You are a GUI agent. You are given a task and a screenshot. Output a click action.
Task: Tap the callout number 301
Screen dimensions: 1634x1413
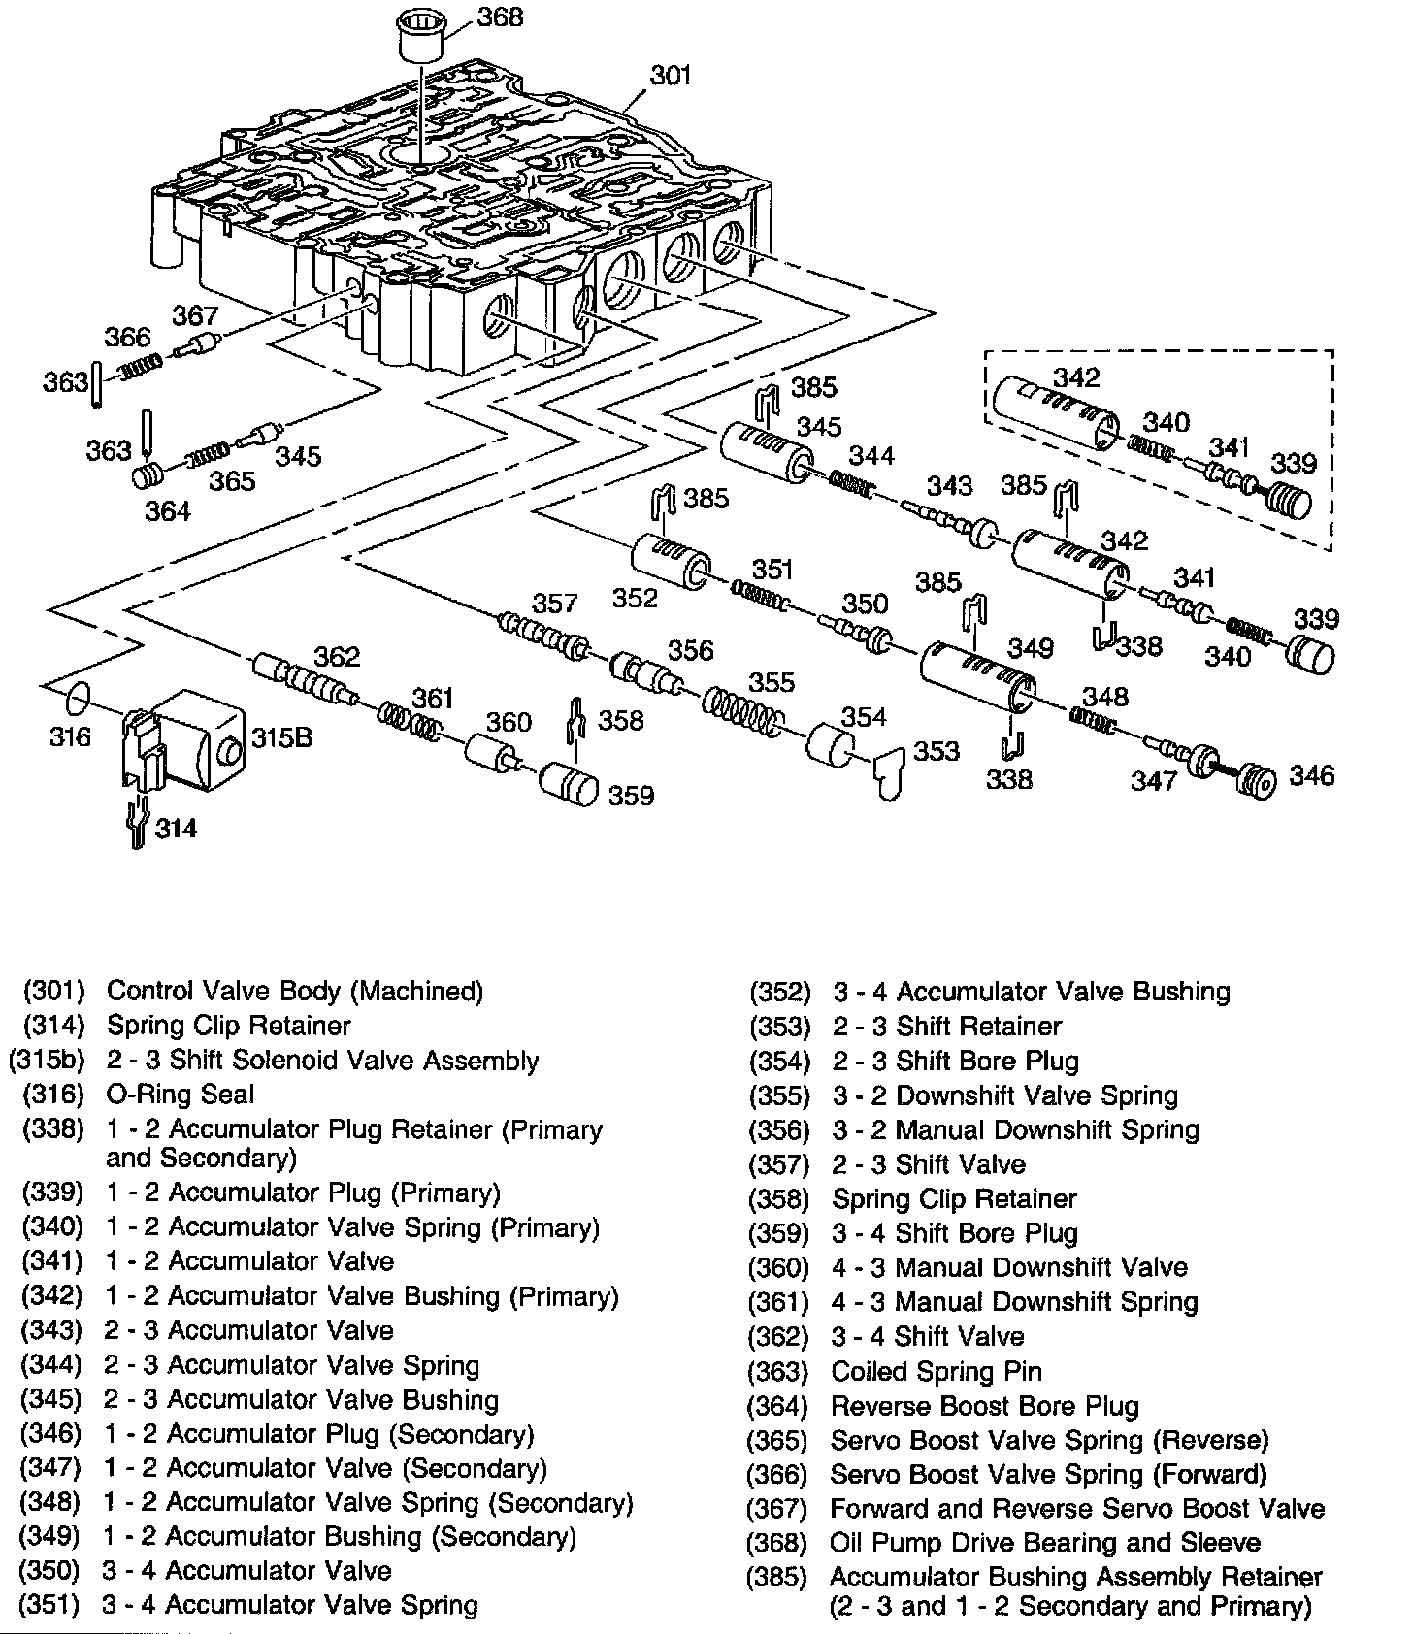point(670,75)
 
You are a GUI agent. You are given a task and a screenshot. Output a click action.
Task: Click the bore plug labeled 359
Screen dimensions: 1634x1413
point(569,784)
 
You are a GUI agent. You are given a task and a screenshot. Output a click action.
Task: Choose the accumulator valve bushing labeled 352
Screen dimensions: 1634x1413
point(672,562)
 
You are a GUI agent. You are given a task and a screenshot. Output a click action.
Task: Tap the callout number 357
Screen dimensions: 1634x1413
point(554,605)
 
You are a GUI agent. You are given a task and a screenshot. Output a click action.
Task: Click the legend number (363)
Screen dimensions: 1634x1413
point(776,1372)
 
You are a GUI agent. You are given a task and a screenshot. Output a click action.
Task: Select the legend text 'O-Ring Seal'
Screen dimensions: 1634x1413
point(181,1095)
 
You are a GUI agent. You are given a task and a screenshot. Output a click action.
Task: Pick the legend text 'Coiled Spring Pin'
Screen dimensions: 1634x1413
point(937,1372)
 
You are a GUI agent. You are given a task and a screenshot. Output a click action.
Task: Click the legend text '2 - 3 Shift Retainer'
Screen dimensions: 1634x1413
point(947,1027)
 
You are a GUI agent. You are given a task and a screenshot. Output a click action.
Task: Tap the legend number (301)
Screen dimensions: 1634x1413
point(54,992)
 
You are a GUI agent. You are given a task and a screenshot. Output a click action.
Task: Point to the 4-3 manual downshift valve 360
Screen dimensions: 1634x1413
point(490,752)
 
